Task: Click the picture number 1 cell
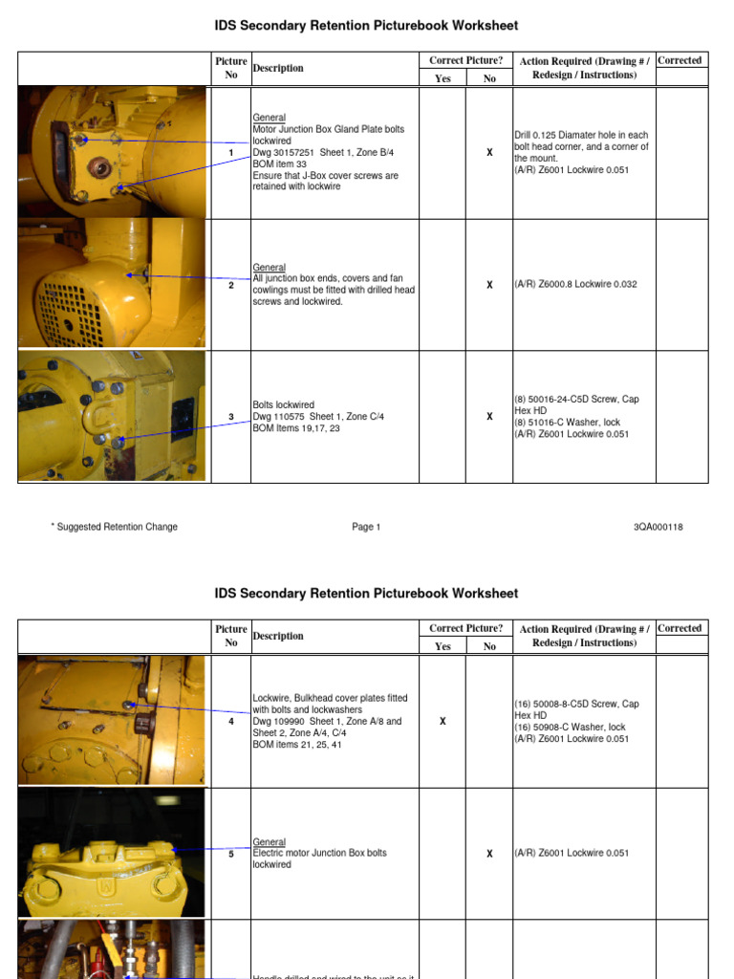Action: click(230, 153)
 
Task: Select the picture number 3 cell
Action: click(230, 417)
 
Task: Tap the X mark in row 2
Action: click(489, 285)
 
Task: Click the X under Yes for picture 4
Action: click(443, 722)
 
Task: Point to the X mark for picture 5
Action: click(489, 854)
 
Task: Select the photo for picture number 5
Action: click(112, 853)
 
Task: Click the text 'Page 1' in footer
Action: click(365, 527)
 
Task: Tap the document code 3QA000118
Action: click(658, 527)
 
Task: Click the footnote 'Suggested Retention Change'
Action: click(114, 527)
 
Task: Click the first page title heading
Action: click(366, 26)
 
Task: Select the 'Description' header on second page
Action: click(278, 637)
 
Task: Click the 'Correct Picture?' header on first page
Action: click(465, 60)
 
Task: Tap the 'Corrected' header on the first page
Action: click(680, 60)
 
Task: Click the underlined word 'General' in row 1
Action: click(269, 118)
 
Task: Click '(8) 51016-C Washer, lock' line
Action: click(568, 423)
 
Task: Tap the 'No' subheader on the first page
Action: click(489, 78)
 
